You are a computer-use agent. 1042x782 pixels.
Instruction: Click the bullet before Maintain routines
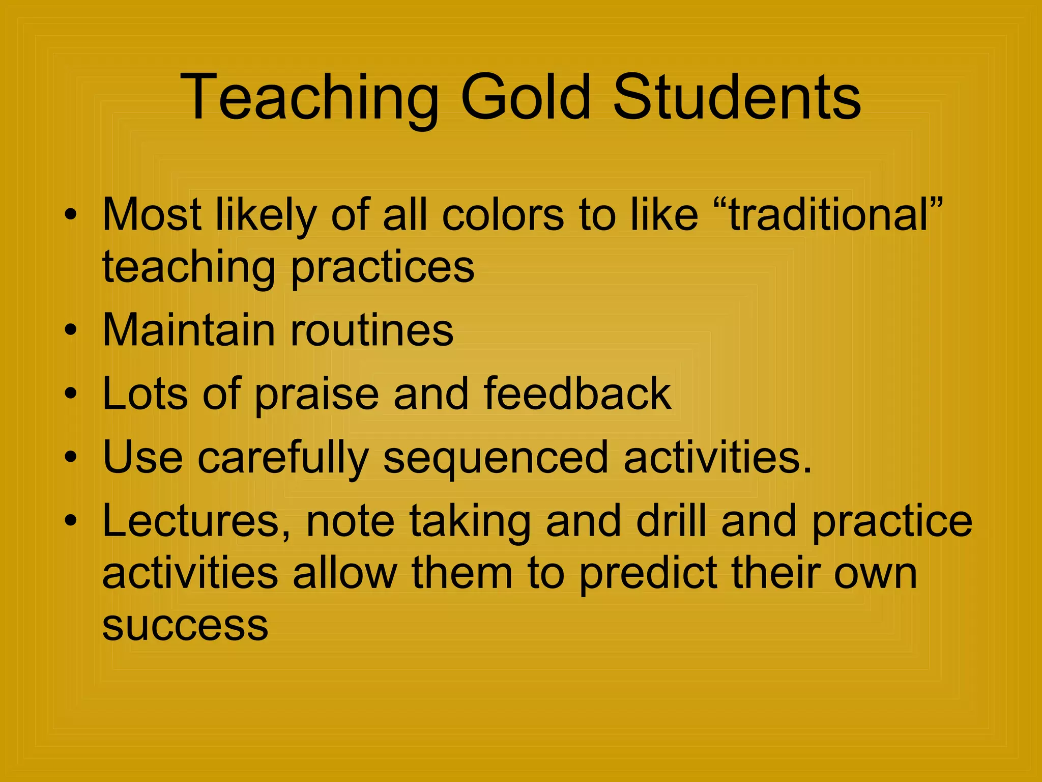pyautogui.click(x=71, y=330)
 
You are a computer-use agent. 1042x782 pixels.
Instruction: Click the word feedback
pyautogui.click(x=577, y=394)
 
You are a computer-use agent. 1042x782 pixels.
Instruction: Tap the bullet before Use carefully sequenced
pyautogui.click(x=71, y=457)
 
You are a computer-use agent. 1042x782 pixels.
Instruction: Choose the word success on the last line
pyautogui.click(x=185, y=625)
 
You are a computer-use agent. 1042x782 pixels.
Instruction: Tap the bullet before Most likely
pyautogui.click(x=71, y=214)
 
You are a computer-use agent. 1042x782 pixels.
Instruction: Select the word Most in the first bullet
pyautogui.click(x=152, y=214)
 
